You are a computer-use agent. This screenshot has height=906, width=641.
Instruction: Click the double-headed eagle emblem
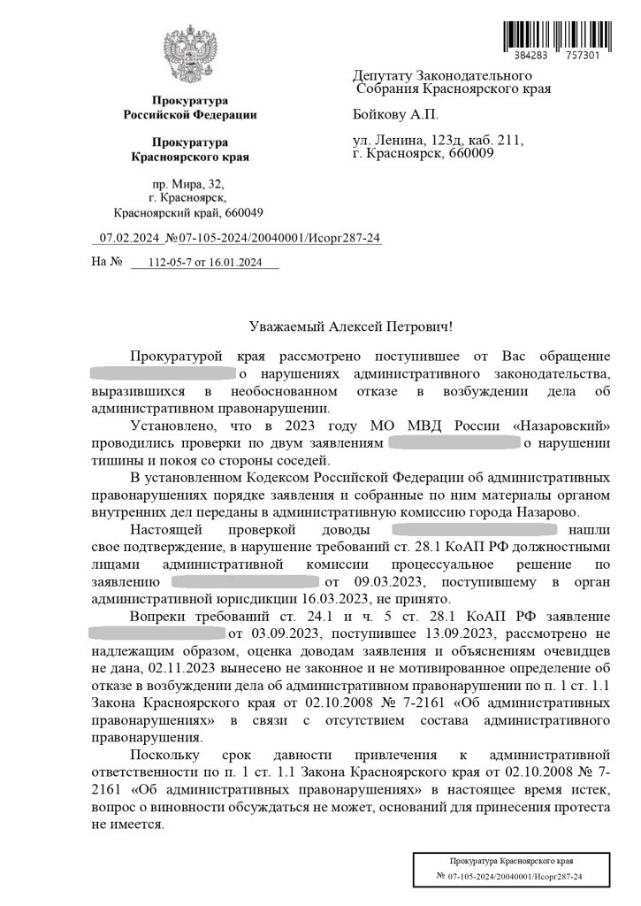tap(189, 55)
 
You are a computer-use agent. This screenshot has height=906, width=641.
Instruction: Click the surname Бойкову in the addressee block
tap(381, 115)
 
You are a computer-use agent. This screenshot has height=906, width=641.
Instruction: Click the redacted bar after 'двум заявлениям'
tap(454, 441)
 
